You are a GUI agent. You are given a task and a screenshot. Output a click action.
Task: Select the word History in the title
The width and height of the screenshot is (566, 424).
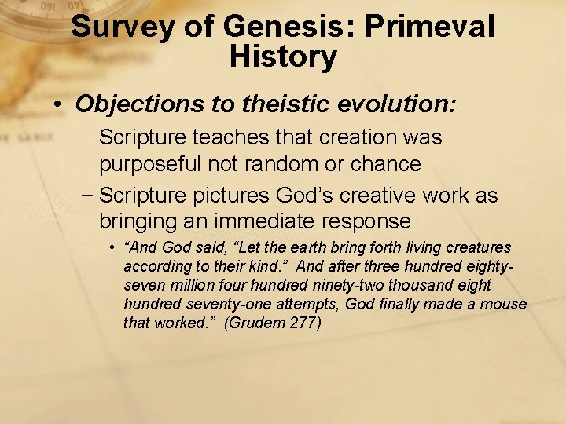(x=283, y=57)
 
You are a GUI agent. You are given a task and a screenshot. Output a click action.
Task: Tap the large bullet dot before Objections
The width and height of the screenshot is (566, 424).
(x=59, y=104)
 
